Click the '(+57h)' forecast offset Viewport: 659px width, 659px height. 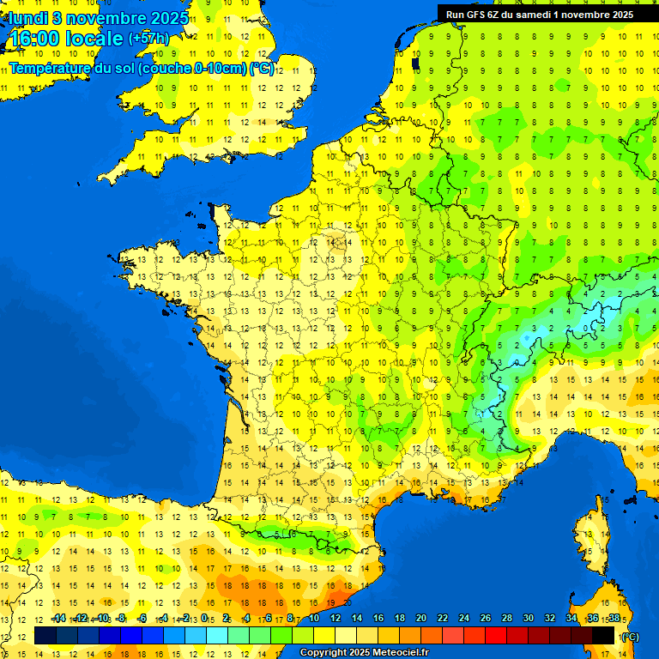click(148, 39)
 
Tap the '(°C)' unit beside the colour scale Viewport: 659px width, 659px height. click(629, 637)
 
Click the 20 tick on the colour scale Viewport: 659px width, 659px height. click(420, 618)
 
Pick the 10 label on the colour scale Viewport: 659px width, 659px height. click(314, 618)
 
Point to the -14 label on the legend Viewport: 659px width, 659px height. click(58, 618)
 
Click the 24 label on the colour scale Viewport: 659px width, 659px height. click(463, 618)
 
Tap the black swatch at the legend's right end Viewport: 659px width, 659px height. click(603, 635)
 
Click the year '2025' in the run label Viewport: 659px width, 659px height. click(618, 15)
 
